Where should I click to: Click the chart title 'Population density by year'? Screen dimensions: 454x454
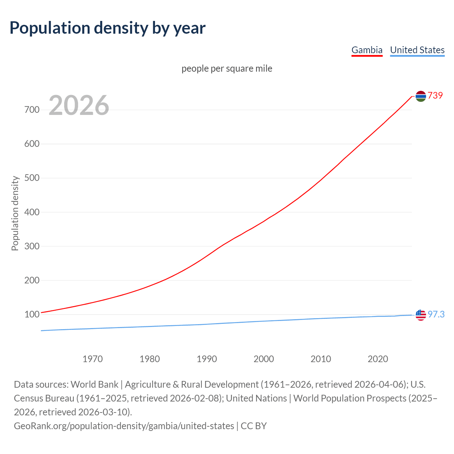coord(107,28)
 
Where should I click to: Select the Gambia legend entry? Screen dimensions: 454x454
coord(367,50)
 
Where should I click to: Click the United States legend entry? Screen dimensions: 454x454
coord(417,50)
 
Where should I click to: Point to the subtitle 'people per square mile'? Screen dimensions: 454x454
coord(227,68)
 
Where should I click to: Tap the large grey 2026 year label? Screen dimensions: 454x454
coord(79,105)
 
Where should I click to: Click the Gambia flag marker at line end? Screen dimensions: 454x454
coord(421,96)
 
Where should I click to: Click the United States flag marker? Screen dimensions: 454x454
coord(421,315)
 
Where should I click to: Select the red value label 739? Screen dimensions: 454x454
coord(435,95)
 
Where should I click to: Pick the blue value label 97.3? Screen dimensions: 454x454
coord(436,315)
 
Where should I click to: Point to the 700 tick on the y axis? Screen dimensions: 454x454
coord(32,110)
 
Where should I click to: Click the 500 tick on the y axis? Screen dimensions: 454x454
coord(32,178)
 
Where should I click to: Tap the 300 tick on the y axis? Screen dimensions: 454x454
coord(32,246)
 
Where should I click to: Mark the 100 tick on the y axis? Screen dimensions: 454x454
coord(32,315)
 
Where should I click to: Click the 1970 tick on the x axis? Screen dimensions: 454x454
coord(93,359)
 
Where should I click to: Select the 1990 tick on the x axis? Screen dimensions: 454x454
coord(207,359)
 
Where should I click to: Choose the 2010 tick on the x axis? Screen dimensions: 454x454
coord(321,359)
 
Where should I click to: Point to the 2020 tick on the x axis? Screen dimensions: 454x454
coord(378,359)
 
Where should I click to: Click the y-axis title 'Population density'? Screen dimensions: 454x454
coord(15,213)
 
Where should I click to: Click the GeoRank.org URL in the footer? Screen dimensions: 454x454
coord(124,426)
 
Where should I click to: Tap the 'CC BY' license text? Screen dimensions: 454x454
coord(254,426)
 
